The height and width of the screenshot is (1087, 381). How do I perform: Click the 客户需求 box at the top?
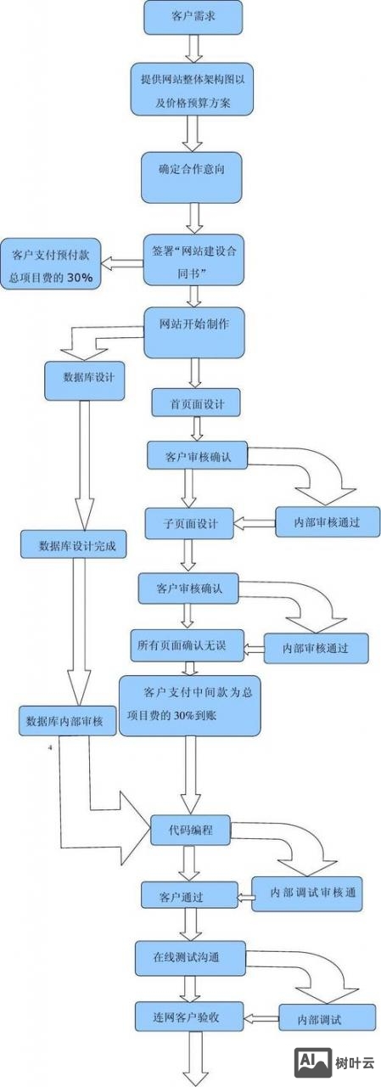(193, 17)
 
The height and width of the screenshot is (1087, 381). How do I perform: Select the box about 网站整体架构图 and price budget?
(192, 89)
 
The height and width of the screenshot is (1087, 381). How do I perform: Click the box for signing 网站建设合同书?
(193, 260)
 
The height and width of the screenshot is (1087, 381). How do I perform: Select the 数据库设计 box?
(85, 380)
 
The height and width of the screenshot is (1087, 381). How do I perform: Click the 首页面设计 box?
(195, 403)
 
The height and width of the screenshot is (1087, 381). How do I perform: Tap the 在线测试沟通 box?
(189, 956)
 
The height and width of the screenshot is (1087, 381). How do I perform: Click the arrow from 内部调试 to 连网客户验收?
(261, 1017)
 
